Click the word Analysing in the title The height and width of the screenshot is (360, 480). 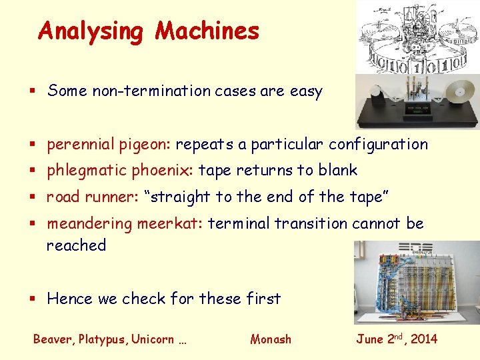91,31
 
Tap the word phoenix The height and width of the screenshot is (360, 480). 165,171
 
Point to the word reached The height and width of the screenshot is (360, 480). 76,245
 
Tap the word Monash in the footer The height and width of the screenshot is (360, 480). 271,339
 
